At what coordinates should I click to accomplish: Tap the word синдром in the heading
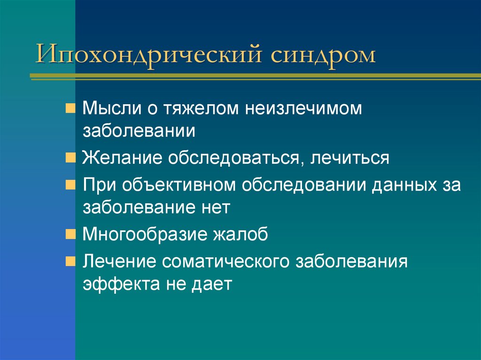[323, 55]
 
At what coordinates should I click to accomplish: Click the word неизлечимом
[303, 109]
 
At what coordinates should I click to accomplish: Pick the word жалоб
[243, 233]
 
